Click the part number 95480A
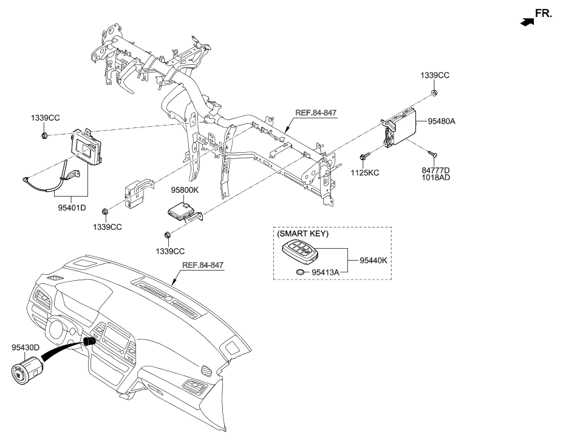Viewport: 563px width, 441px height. tap(442, 121)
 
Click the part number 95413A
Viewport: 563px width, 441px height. tap(326, 272)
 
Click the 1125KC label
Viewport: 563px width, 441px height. tap(366, 173)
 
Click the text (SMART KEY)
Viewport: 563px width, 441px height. tap(299, 234)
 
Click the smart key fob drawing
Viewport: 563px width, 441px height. tap(301, 252)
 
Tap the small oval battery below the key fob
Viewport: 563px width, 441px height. tap(300, 272)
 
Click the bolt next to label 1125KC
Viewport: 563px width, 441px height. tap(363, 158)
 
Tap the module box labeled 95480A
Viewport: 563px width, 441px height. tap(400, 128)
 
